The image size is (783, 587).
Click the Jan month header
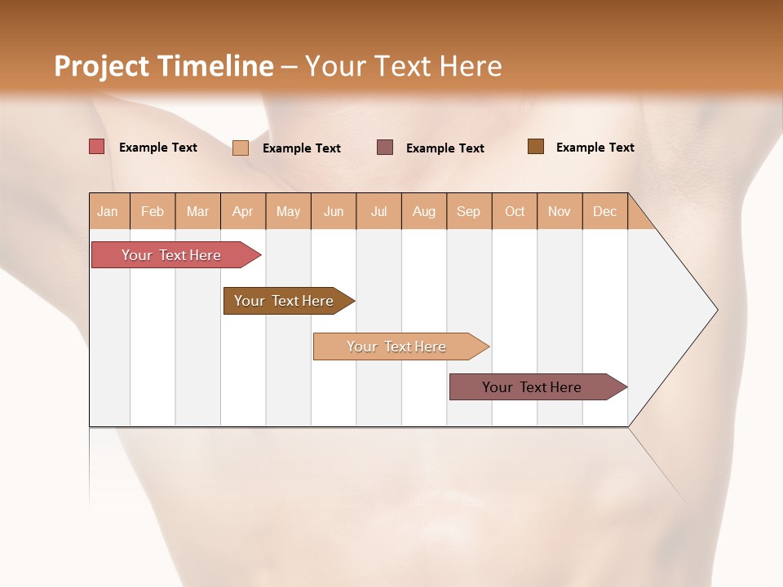click(108, 211)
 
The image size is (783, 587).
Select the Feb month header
click(153, 211)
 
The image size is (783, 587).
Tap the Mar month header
click(197, 211)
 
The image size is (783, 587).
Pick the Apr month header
click(243, 211)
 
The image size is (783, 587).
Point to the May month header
click(288, 211)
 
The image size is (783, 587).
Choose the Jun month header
click(334, 211)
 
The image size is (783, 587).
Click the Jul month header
click(378, 211)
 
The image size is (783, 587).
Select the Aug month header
click(424, 211)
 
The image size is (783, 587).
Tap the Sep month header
click(469, 211)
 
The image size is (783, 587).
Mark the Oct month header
click(515, 211)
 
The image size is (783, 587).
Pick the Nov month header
click(560, 211)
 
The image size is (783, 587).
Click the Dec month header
click(605, 211)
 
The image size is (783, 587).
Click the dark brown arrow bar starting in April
click(285, 301)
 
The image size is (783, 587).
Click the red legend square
click(97, 147)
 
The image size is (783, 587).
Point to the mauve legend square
click(385, 148)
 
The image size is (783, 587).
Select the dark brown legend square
click(536, 147)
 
